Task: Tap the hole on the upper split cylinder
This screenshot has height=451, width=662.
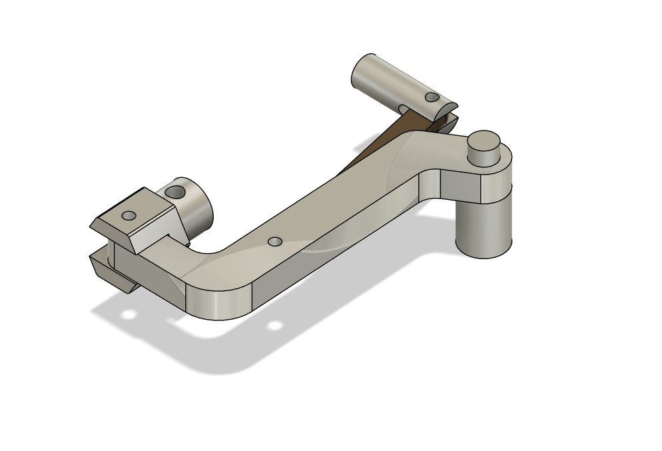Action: [432, 97]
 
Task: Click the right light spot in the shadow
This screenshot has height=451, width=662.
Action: [274, 326]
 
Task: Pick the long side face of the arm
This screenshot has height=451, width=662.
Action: [333, 253]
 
